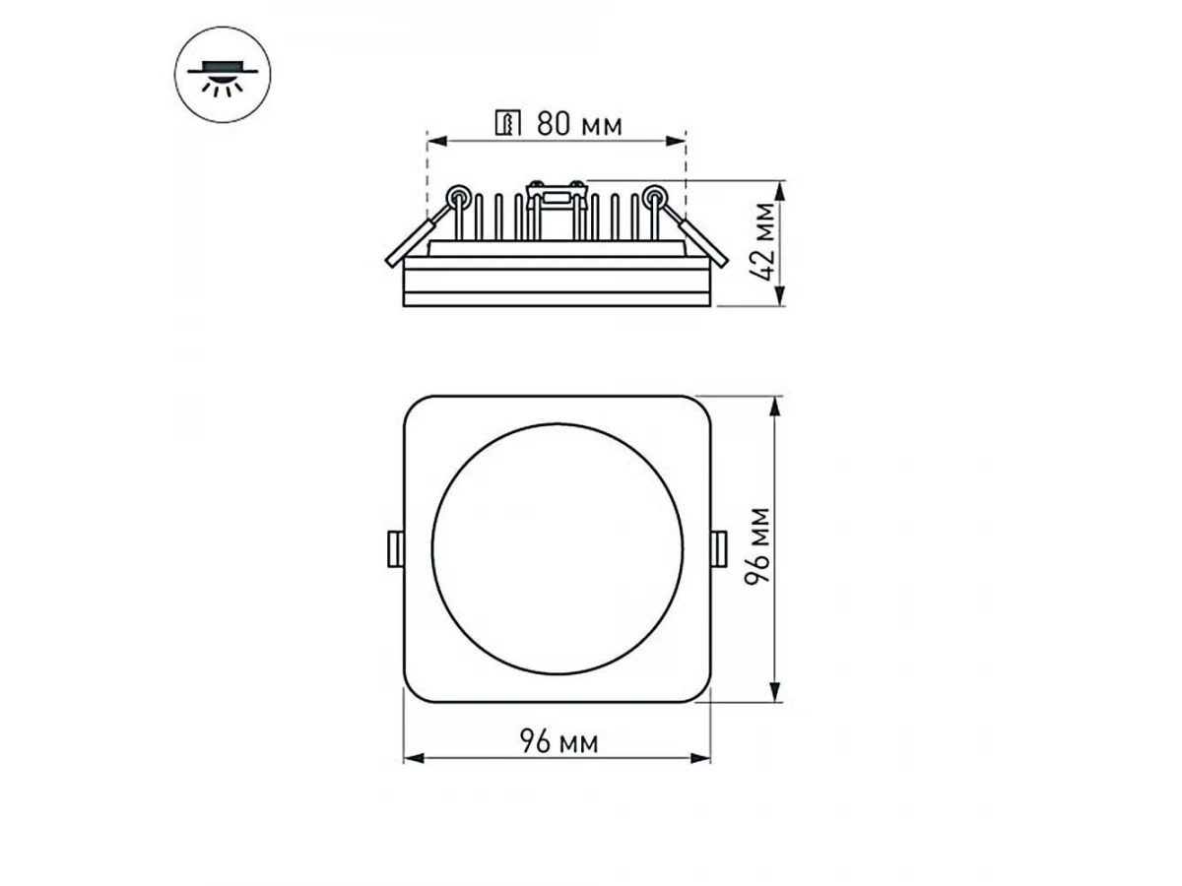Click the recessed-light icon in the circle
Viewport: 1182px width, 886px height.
[222, 79]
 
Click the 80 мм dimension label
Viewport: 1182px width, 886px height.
[579, 124]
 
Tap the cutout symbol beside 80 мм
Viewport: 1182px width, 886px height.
[508, 123]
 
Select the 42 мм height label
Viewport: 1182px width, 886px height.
[762, 241]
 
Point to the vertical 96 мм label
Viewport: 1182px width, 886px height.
[756, 546]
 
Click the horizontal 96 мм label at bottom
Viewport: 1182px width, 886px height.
[558, 741]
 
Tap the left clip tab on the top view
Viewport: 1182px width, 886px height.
[396, 548]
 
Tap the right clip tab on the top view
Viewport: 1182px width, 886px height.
[719, 548]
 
